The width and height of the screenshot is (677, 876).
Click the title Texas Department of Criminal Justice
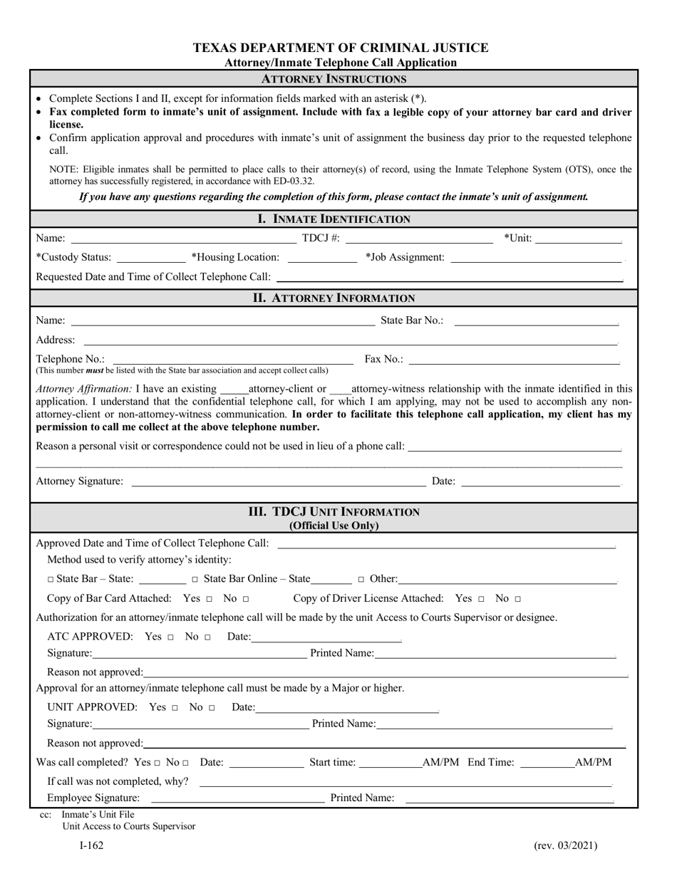tap(341, 48)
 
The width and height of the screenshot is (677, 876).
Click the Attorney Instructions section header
tap(334, 78)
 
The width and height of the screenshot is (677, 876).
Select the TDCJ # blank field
tap(419, 238)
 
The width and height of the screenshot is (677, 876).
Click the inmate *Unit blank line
tap(579, 238)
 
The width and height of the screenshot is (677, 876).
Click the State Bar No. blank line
tap(536, 320)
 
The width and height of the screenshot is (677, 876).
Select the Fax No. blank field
tap(514, 359)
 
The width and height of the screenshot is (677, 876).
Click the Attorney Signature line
tap(278, 481)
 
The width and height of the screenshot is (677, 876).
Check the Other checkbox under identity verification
tap(361, 580)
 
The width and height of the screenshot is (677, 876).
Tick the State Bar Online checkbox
tap(195, 580)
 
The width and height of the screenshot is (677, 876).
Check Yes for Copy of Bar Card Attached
tap(209, 599)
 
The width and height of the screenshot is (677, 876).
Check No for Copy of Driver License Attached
tap(518, 599)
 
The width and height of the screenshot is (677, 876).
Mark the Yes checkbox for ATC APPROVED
tap(171, 637)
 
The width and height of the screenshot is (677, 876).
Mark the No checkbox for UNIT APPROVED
tap(211, 708)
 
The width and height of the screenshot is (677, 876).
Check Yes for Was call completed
tap(157, 763)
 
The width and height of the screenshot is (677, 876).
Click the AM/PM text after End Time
tap(593, 762)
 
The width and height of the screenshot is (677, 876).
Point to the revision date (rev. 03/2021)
tap(565, 846)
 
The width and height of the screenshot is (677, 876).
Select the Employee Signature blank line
tap(237, 798)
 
